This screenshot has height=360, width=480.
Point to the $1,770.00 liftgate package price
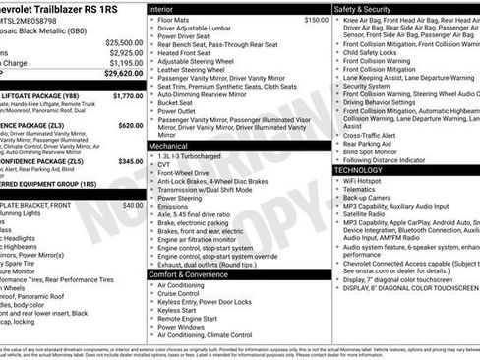(128, 96)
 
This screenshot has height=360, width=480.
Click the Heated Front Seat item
(189, 54)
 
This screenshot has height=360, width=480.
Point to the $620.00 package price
(131, 126)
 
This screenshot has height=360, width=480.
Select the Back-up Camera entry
(373, 203)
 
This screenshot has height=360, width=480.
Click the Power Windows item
(181, 329)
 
